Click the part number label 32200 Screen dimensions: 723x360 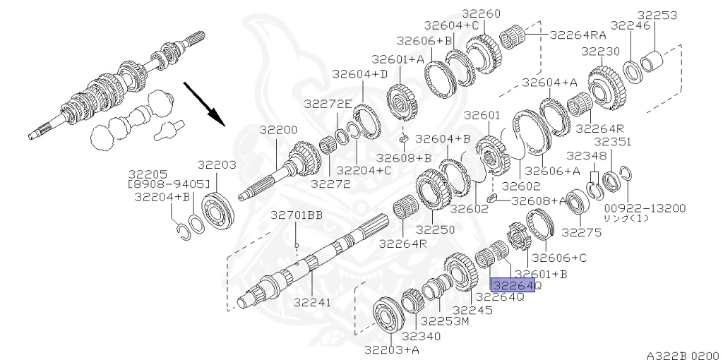[x=278, y=130]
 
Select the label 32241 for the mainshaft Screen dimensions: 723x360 [x=313, y=303]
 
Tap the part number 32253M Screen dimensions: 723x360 [x=445, y=320]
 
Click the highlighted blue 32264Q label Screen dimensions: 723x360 [x=513, y=285]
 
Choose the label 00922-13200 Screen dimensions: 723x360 [x=645, y=208]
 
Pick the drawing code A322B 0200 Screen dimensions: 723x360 [x=684, y=355]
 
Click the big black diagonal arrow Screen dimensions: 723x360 [x=204, y=104]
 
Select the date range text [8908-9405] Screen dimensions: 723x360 [x=168, y=184]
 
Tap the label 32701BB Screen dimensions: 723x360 [x=297, y=215]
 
